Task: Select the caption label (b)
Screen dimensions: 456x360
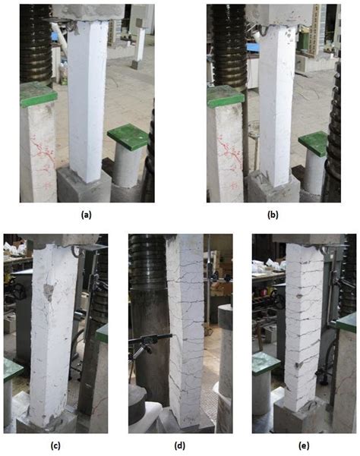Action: click(271, 215)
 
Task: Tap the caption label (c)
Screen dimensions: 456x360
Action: click(55, 445)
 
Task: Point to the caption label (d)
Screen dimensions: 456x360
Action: click(179, 445)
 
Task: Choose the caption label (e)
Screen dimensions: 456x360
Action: click(303, 445)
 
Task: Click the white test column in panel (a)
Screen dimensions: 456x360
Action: click(89, 99)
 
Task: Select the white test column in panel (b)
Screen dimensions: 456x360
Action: click(274, 99)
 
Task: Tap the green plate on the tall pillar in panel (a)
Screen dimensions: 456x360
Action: click(38, 96)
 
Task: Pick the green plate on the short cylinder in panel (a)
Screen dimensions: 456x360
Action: click(127, 134)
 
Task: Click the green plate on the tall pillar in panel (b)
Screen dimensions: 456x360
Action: click(225, 96)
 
